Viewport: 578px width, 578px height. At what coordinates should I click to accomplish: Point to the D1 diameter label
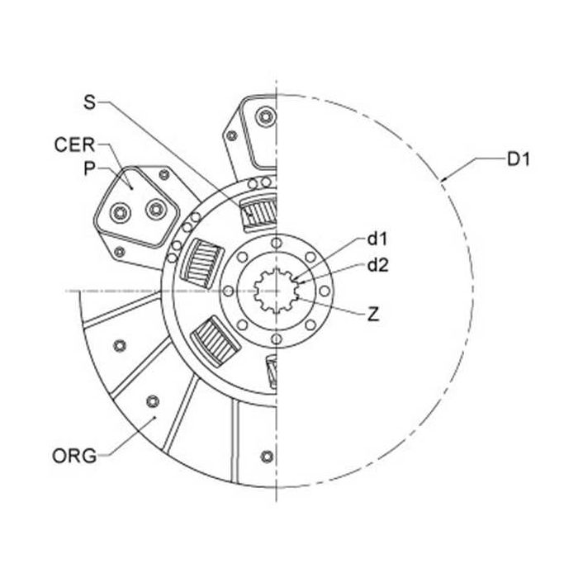pos(518,159)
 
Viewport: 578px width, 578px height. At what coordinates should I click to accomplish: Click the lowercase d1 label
pos(378,239)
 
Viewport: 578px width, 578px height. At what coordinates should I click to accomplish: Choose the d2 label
pos(378,266)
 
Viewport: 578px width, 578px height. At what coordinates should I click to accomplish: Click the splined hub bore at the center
pos(276,291)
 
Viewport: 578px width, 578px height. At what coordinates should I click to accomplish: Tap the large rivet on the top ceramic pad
pos(265,118)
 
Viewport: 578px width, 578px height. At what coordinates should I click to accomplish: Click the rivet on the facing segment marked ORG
pos(150,402)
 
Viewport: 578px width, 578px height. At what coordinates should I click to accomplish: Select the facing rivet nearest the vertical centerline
pos(266,457)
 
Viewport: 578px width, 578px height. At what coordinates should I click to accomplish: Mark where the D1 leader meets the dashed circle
pos(443,178)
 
